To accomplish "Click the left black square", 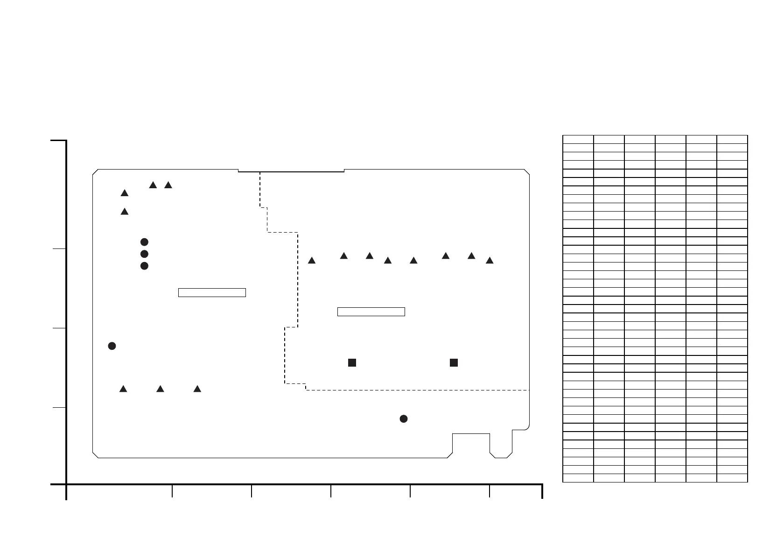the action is [352, 362].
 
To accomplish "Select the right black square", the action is [454, 362].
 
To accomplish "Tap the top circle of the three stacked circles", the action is [144, 242].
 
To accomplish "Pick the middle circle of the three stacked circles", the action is [144, 254].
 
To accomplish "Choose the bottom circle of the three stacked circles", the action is [144, 266].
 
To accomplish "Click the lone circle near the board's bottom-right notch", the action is [404, 419].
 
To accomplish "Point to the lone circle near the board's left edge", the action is [112, 346].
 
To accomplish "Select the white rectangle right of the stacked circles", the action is [212, 293].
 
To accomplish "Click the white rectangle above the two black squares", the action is [371, 312].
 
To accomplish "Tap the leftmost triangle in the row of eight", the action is [312, 261].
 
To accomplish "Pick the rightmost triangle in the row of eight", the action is [490, 261].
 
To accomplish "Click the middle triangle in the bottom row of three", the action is [160, 389].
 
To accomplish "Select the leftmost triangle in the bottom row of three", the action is [123, 389].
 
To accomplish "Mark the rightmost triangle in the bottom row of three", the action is [197, 389].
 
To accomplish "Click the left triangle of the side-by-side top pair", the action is [153, 185].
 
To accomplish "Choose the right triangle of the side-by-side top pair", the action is [168, 185].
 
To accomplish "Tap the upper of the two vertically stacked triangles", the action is [125, 193].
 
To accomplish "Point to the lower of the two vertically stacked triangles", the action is [125, 212].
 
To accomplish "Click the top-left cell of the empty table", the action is [578, 139].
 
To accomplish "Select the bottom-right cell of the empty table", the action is [732, 478].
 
